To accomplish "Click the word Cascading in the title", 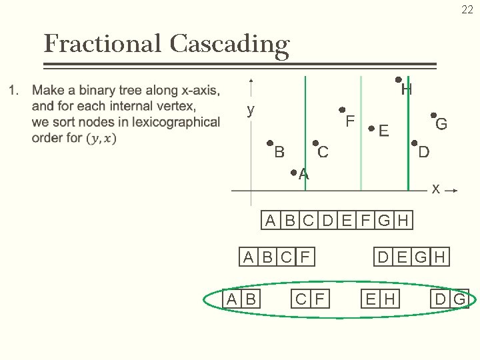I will pyautogui.click(x=229, y=44).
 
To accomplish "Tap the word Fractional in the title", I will pyautogui.click(x=102, y=44).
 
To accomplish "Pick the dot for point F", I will pyautogui.click(x=341, y=110).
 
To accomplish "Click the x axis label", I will pyautogui.click(x=435, y=189).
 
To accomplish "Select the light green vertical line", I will pyautogui.click(x=361, y=133).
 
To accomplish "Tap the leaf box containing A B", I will pyautogui.click(x=241, y=299).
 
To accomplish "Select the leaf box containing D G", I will pyautogui.click(x=451, y=299).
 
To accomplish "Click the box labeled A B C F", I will pyautogui.click(x=277, y=257).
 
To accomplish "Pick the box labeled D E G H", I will pyautogui.click(x=412, y=257).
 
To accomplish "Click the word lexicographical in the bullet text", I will pyautogui.click(x=176, y=122).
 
